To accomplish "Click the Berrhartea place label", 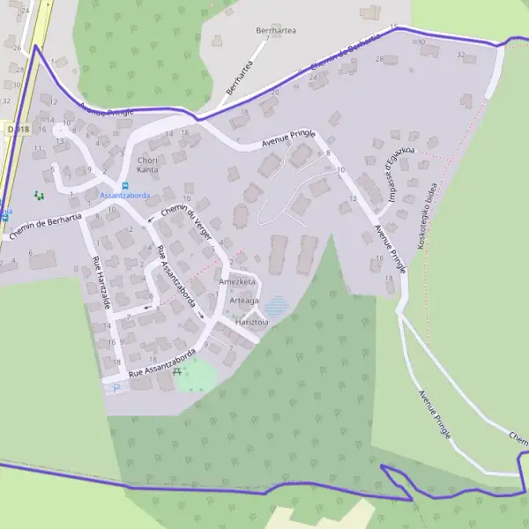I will pos(276,30).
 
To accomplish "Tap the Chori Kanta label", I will pos(147,164).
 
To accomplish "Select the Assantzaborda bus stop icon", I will pos(124,185).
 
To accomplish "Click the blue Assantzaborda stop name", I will pos(124,195).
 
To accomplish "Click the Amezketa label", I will pos(237,281).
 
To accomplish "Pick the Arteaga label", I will pos(244,301).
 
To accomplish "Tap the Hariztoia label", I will pos(252,323).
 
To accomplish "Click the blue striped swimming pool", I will pos(277,306).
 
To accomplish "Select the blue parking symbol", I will pos(116,386).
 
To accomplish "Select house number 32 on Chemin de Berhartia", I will pos(460,55).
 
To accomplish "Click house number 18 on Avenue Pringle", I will pos(389,278).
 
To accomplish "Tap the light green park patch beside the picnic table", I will pos(197,376).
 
